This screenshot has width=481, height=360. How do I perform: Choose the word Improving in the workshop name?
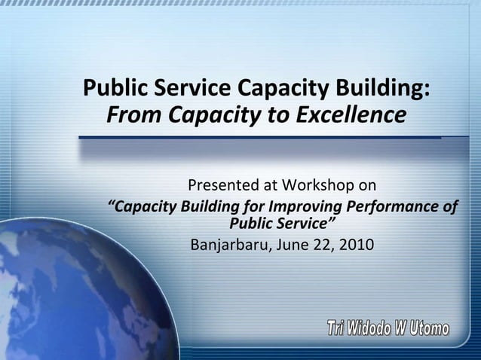click(291, 206)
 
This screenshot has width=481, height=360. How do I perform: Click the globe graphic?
click(45, 294)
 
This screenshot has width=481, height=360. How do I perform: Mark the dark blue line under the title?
click(260, 138)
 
